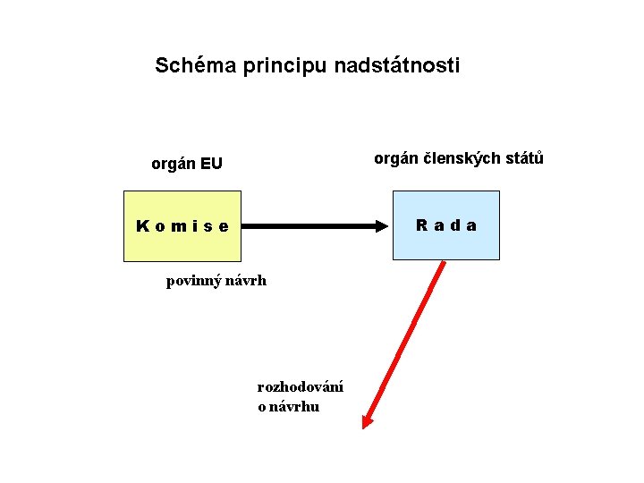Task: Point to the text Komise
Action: click(182, 226)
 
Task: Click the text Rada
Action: click(445, 225)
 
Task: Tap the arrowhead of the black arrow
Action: click(386, 226)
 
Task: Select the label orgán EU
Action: click(186, 164)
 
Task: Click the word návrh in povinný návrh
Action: click(247, 281)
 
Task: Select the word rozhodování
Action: click(300, 387)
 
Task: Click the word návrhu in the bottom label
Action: click(294, 406)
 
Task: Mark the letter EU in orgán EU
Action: click(211, 164)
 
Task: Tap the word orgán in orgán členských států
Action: click(394, 159)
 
